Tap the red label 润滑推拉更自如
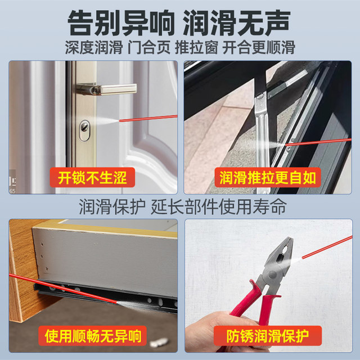point(268,178)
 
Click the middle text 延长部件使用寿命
point(219,206)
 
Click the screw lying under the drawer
point(160,341)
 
